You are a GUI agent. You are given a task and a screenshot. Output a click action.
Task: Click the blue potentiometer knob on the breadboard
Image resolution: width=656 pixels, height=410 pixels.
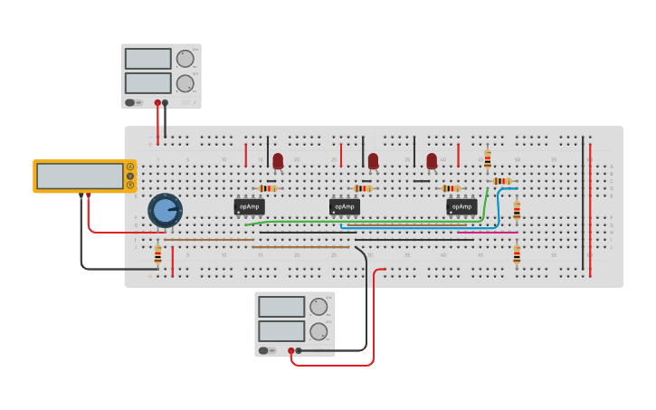(x=165, y=211)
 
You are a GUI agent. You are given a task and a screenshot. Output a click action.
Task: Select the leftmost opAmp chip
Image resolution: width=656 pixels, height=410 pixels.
(x=250, y=206)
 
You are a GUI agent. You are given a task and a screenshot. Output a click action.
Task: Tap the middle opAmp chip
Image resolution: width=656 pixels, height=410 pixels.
(x=345, y=206)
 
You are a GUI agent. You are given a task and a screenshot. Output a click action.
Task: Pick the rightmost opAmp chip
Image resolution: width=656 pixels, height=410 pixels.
(x=461, y=206)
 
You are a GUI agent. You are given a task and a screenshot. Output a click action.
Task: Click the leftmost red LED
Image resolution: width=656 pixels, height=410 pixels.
(x=278, y=160)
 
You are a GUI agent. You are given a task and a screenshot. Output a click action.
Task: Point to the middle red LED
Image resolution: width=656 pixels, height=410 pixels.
(x=373, y=160)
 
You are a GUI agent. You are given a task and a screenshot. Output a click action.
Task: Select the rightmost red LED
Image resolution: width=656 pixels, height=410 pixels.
(x=432, y=160)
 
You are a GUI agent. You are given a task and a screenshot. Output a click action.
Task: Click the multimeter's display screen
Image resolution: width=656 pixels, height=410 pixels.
(x=80, y=176)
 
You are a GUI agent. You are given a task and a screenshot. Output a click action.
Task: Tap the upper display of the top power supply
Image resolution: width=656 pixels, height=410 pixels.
(x=147, y=59)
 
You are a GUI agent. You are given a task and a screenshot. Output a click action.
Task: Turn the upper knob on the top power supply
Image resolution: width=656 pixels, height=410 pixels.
(x=185, y=59)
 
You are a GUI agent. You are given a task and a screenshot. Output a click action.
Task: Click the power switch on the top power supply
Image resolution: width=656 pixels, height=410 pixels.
(x=131, y=102)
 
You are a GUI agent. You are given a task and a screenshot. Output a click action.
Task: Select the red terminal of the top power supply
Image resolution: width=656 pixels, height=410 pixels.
(x=157, y=103)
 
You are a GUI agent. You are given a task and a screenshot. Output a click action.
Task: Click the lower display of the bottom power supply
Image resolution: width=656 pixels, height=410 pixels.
(x=281, y=330)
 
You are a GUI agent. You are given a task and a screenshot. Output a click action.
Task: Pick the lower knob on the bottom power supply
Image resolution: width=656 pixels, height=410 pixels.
(x=318, y=331)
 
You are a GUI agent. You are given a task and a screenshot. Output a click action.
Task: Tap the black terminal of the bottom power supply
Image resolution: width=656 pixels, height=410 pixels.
(x=298, y=350)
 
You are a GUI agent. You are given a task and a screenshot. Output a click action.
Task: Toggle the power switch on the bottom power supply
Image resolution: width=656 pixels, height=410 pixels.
(x=264, y=350)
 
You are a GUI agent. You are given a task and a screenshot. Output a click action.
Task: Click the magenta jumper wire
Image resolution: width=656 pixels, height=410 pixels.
(x=474, y=233)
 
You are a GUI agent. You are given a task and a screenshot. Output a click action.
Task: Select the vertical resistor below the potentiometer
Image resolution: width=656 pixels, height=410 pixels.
(x=157, y=256)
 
